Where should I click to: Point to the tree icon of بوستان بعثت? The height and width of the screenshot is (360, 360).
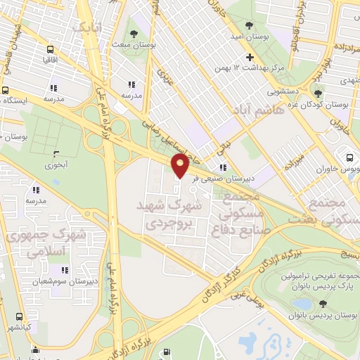coord(134,32)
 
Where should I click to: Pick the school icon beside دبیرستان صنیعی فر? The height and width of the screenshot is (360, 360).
coord(223,167)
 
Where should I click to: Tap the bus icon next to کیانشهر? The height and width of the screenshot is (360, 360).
coord(20,316)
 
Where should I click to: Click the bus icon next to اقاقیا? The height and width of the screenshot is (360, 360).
coord(50,50)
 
